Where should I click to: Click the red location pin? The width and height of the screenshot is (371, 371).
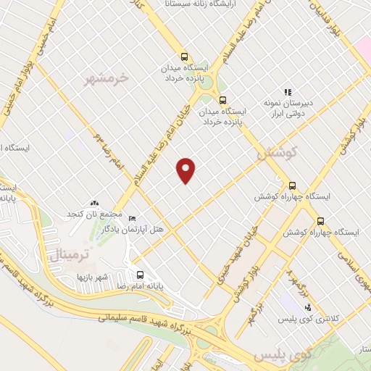click(x=187, y=170)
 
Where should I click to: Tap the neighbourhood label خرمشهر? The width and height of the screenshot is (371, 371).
click(x=107, y=76)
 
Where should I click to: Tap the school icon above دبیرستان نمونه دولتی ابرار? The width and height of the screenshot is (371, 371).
click(x=288, y=93)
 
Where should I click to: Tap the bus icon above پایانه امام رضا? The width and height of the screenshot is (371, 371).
click(x=140, y=275)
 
